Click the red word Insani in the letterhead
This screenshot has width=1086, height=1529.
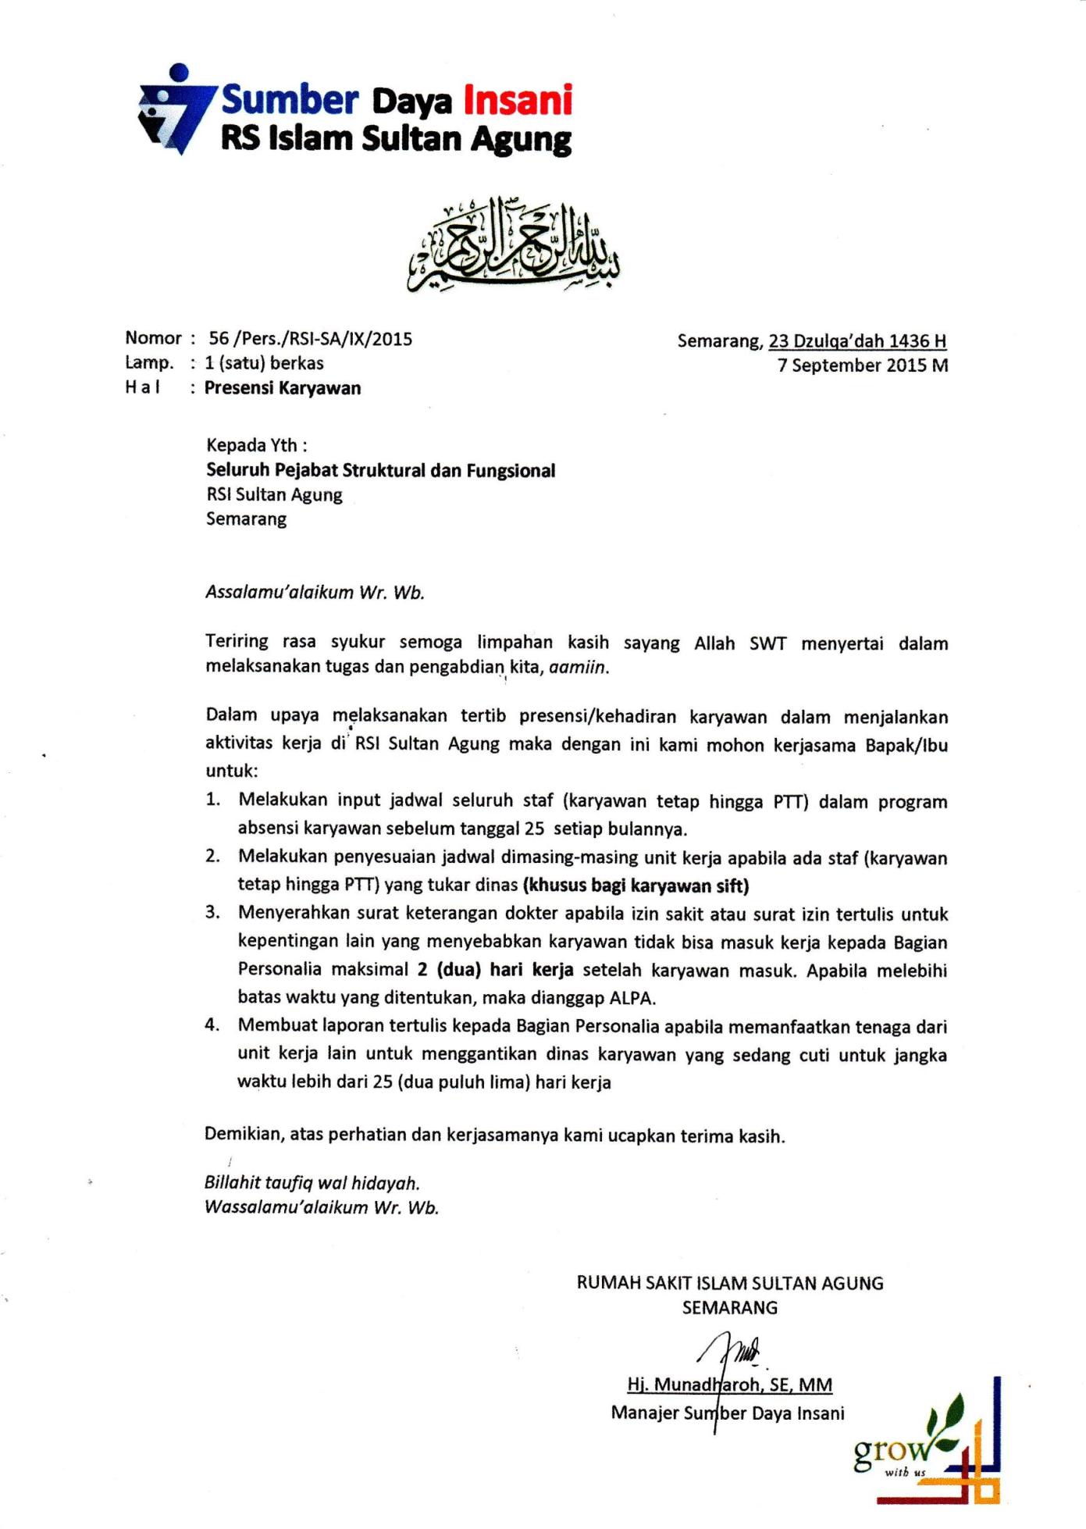[518, 101]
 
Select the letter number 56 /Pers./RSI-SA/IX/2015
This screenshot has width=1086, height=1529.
[310, 339]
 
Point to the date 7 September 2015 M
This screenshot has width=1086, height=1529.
[862, 365]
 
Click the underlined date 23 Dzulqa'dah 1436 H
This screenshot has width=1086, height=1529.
[857, 341]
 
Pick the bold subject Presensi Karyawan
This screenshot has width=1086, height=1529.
[283, 388]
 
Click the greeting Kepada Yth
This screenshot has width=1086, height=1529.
[256, 445]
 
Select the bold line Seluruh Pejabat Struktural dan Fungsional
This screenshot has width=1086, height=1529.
[380, 470]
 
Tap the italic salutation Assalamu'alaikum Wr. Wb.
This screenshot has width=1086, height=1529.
[315, 592]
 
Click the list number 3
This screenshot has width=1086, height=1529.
[212, 913]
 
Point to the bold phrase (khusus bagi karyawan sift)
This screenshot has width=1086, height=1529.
[636, 886]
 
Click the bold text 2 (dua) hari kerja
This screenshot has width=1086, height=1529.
[495, 970]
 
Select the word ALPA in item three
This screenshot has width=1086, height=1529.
[629, 998]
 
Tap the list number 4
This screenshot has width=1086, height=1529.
[212, 1025]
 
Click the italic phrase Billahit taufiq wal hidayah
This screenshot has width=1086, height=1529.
[312, 1183]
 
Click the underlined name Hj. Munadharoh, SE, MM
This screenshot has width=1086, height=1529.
[729, 1385]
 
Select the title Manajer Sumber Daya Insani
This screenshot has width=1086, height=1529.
[728, 1413]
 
